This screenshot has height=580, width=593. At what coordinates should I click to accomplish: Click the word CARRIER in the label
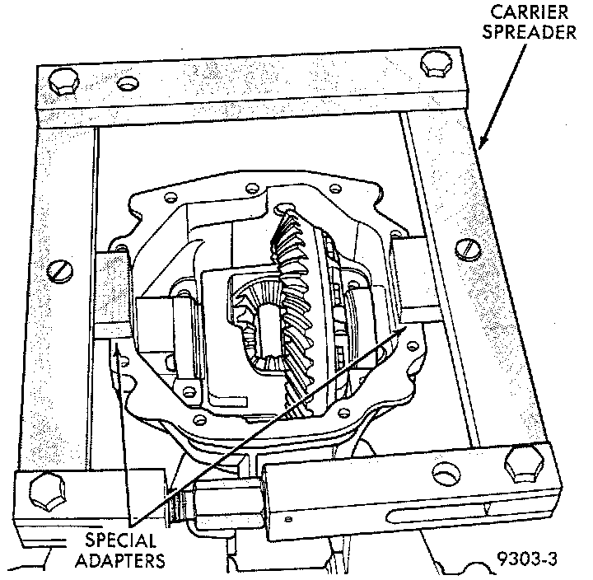pos(530,12)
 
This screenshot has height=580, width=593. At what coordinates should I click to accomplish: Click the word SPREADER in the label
pos(529,32)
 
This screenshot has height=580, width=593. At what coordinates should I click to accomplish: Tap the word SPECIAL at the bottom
pos(120,540)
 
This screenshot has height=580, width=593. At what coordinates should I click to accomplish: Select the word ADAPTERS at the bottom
pos(120,560)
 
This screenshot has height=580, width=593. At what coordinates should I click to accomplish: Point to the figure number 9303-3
pos(527,559)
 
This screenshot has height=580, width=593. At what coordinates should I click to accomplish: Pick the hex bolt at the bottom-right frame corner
pos(525,464)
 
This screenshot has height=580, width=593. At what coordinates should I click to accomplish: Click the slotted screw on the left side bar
pos(60,271)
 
